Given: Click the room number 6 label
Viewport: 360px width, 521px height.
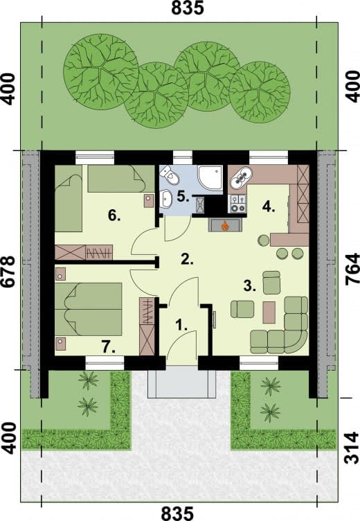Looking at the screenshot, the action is coord(114,216).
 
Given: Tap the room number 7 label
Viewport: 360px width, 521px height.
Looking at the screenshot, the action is coord(109,347).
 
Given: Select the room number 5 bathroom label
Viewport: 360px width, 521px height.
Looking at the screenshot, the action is coord(183,196).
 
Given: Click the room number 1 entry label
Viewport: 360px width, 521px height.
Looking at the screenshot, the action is coord(181,325).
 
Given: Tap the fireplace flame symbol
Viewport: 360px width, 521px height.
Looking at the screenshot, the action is coord(225,227).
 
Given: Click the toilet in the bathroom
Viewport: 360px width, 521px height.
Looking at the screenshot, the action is coord(170,175).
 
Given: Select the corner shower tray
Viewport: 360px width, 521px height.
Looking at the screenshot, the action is coord(210,179).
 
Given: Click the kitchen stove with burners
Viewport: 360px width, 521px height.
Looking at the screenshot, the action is coord(237,204).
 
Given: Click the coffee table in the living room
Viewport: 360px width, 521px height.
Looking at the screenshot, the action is coord(269,312).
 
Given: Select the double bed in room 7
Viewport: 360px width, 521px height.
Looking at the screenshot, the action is coord(89,309).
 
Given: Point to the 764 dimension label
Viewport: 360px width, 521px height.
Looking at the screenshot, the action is coord(352,269).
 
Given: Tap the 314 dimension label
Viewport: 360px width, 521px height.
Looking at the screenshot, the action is coord(352,448).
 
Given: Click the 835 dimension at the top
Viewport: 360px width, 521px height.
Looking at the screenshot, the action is coord(188,8).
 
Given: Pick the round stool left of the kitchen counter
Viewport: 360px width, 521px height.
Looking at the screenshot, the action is coord(264,240).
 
